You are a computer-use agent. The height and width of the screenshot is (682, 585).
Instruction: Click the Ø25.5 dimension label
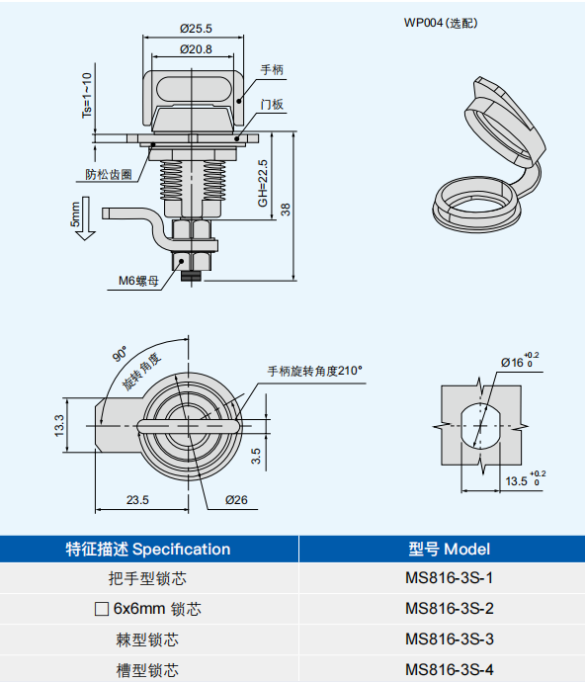click(x=196, y=29)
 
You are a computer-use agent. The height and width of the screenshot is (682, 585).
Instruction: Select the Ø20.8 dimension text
click(x=196, y=49)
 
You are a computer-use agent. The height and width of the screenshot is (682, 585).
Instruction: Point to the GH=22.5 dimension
click(x=263, y=183)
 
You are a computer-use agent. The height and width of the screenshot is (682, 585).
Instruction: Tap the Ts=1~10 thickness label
click(x=87, y=95)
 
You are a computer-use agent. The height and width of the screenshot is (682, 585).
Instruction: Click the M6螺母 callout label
click(x=138, y=281)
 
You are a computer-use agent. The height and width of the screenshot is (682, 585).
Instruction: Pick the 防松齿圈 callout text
click(x=109, y=174)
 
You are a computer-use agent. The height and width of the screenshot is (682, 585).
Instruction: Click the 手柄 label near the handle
click(x=272, y=69)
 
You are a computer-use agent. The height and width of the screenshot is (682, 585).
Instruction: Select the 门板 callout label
click(x=272, y=105)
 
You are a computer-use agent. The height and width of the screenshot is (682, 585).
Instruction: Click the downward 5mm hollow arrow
click(x=85, y=218)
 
